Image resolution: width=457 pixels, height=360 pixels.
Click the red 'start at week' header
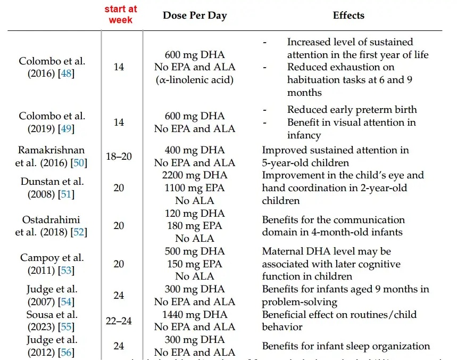click(x=121, y=15)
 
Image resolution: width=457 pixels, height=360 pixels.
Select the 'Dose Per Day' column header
click(x=195, y=15)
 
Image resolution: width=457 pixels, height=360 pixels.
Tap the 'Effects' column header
click(x=348, y=15)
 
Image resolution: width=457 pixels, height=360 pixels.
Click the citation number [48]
click(x=67, y=74)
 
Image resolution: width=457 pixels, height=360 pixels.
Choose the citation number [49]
click(x=67, y=129)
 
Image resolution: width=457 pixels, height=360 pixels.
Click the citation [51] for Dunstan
click(x=67, y=194)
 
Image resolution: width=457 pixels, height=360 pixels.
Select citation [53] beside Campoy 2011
click(x=67, y=271)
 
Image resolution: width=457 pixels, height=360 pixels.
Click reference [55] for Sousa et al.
click(x=67, y=327)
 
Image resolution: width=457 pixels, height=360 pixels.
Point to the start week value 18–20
click(x=119, y=157)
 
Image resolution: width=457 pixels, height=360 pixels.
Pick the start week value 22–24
click(x=119, y=321)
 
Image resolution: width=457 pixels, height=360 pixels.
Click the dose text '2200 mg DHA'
click(x=195, y=175)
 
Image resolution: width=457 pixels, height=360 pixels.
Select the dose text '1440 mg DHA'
click(x=195, y=315)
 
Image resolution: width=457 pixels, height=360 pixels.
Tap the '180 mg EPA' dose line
click(x=195, y=226)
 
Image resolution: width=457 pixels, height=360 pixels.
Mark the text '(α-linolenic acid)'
click(x=195, y=80)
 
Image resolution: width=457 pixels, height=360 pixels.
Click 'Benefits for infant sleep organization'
click(x=346, y=346)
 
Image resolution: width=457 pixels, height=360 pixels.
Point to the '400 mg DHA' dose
click(x=195, y=150)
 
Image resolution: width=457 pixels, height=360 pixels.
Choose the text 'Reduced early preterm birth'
click(x=352, y=110)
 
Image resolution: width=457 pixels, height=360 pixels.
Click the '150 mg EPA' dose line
click(x=195, y=264)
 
